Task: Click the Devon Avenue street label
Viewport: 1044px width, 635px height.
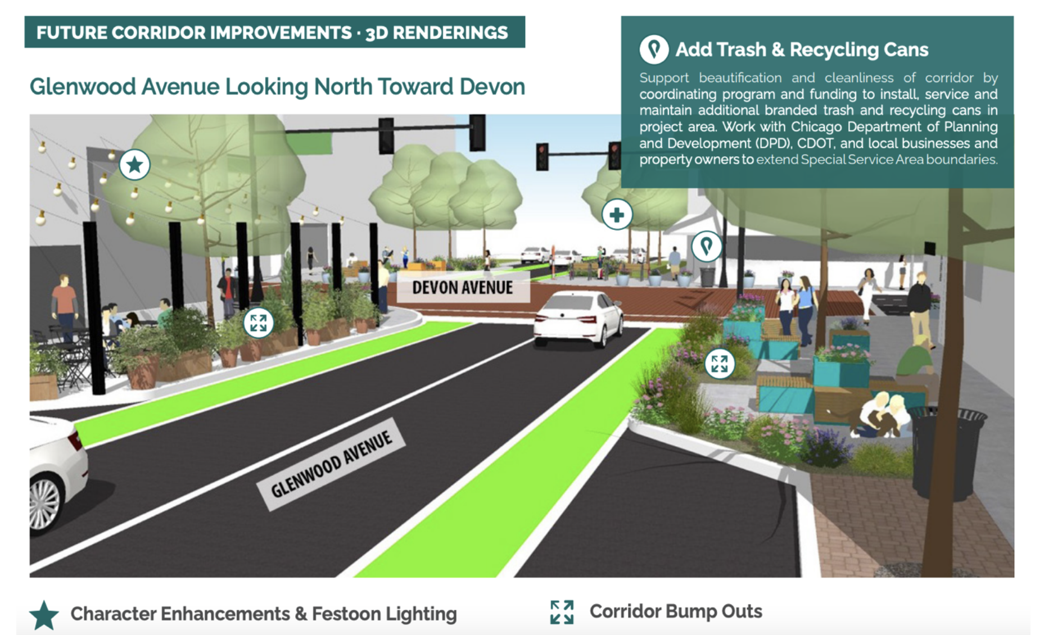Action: click(x=462, y=288)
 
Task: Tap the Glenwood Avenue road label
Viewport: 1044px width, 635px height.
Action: click(x=331, y=464)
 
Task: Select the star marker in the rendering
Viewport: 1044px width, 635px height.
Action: click(x=134, y=165)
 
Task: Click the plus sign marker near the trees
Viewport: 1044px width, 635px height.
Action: click(x=617, y=215)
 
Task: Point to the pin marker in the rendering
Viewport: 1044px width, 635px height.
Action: click(x=706, y=246)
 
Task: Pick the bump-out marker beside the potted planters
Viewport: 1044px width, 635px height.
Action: click(x=258, y=323)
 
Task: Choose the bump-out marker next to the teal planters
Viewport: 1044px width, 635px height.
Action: click(x=719, y=364)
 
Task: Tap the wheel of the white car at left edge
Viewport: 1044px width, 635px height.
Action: click(x=44, y=502)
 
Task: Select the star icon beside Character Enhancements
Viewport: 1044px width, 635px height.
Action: click(x=44, y=615)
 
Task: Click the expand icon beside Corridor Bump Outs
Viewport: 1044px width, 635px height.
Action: click(x=562, y=612)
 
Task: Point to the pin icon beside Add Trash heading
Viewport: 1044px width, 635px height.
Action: click(x=654, y=49)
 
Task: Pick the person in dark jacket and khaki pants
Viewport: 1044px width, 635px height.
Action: click(x=920, y=309)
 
